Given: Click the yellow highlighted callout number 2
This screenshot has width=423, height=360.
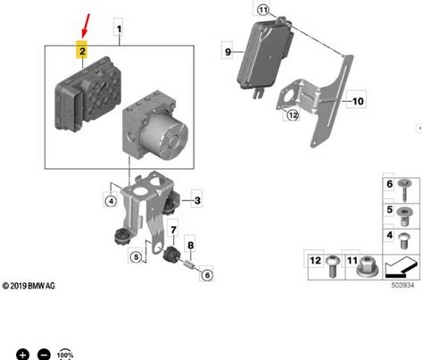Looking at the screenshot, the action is coord(82,51).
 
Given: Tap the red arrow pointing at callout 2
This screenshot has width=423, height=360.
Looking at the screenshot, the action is coord(86,26).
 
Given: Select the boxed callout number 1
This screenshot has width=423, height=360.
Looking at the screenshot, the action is coord(119,29).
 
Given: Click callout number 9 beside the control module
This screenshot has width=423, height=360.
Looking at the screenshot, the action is coord(228,52).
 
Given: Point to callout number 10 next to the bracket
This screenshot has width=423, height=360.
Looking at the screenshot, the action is coord(358,101).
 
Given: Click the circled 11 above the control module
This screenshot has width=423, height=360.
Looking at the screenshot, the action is coord(263,10).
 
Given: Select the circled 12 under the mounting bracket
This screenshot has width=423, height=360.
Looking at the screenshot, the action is coord(293,115).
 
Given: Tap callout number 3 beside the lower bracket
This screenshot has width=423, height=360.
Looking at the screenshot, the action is coord(197,200).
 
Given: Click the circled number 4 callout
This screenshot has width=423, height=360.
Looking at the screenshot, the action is coord(111,201).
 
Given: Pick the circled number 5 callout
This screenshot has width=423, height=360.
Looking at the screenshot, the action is coord(136,256).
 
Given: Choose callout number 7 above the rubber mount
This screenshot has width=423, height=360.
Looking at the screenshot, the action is coord(173,230).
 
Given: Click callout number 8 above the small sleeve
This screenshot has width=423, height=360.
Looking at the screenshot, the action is coord(190,245).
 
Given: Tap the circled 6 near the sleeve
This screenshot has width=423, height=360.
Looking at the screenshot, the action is coord(207,275).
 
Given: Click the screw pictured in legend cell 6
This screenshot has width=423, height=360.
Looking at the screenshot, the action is coord(404,190).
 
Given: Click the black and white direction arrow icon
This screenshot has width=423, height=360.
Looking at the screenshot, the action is coord(401,266).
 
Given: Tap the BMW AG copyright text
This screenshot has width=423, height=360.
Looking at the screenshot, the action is coord(29,286).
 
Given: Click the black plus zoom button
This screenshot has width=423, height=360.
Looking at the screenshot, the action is coord(22,355).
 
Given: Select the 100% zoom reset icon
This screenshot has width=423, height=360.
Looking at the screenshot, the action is coord(65,355).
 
